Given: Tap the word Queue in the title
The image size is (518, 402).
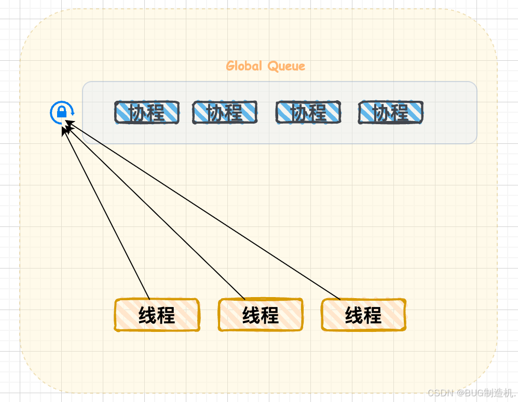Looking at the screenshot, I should click(287, 66).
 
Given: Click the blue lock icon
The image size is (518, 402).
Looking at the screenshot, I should click(62, 112).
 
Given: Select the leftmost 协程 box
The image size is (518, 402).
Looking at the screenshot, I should click(147, 112).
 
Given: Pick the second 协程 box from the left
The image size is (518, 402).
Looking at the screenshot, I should click(225, 112).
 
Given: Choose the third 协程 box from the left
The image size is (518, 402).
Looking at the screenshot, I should click(308, 112).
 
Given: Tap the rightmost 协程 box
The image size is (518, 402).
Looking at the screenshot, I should click(391, 112).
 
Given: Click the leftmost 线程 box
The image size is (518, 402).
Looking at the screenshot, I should click(157, 315).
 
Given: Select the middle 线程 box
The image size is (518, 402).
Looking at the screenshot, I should click(261, 315).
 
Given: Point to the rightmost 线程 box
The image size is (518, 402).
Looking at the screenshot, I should click(363, 315).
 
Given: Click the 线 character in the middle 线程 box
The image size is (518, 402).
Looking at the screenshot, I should click(251, 315).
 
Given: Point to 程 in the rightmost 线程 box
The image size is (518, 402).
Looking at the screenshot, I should click(373, 315).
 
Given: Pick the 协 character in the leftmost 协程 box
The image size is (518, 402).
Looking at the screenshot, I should click(138, 113).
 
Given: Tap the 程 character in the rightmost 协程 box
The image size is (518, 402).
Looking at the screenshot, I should click(400, 113).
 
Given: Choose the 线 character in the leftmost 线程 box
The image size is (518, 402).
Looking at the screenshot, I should click(147, 315).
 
